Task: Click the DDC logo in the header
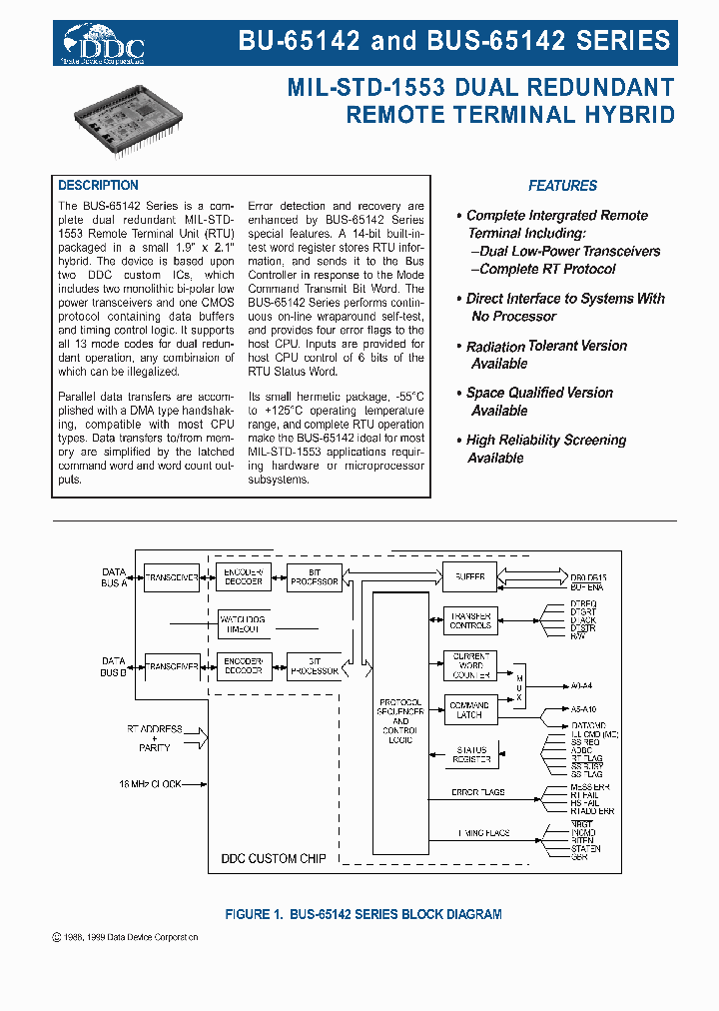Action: [x=104, y=44]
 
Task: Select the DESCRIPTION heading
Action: [x=98, y=186]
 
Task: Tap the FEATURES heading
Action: [x=562, y=186]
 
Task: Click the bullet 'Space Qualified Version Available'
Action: [x=539, y=402]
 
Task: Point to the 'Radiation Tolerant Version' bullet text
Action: [x=546, y=346]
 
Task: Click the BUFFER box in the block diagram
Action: [x=469, y=576]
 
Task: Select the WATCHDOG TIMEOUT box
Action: [x=241, y=623]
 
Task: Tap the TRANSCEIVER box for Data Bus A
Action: [x=172, y=577]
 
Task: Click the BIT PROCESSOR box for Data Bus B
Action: [x=313, y=666]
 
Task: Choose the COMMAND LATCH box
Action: [x=469, y=710]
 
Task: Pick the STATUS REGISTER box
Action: [x=470, y=755]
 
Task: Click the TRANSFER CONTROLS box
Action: [x=469, y=620]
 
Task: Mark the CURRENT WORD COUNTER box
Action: [x=469, y=666]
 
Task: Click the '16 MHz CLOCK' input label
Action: [x=150, y=784]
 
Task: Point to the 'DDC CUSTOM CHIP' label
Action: [x=273, y=858]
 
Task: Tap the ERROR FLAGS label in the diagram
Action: [x=479, y=792]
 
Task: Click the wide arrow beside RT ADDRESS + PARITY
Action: [x=198, y=738]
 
